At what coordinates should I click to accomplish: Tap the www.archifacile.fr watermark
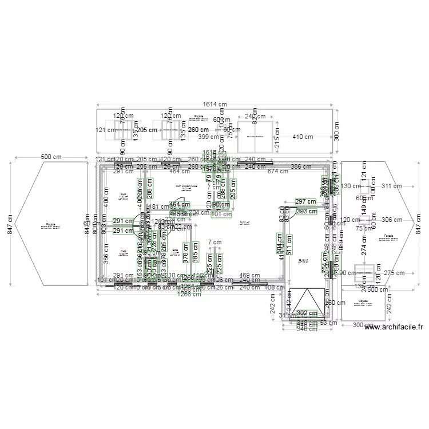coord(394,327)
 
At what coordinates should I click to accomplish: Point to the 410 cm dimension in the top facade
coord(303,137)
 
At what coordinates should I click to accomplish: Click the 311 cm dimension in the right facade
coord(391,186)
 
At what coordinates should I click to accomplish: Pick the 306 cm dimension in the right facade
coord(391,220)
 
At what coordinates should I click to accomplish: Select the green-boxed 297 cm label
coord(305,201)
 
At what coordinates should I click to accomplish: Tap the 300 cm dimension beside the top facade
coord(336,132)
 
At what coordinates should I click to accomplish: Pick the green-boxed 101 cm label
coord(221,214)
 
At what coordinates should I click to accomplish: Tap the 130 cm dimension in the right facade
coord(348,186)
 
